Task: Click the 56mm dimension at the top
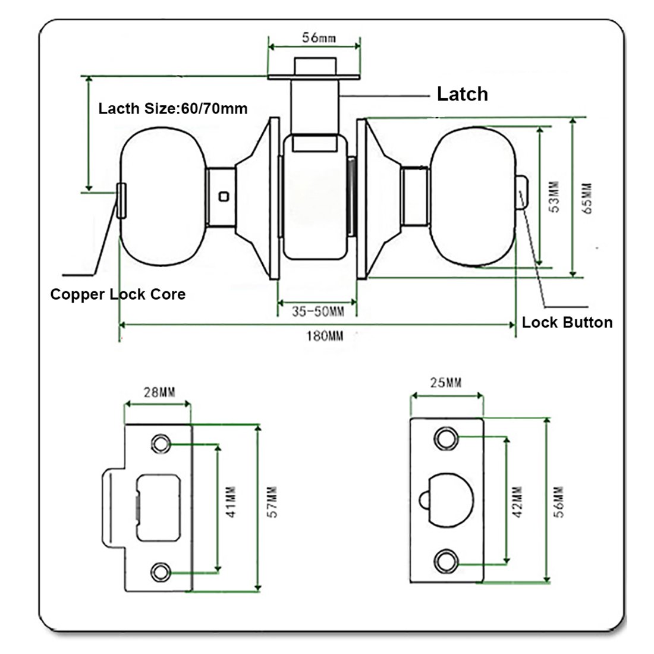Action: (x=319, y=37)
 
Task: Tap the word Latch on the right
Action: (x=462, y=94)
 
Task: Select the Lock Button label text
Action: (x=567, y=322)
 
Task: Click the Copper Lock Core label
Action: (x=118, y=294)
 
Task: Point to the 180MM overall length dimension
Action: (x=325, y=336)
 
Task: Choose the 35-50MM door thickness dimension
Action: (x=318, y=311)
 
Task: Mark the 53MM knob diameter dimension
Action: (x=555, y=197)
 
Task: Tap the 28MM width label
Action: (x=159, y=392)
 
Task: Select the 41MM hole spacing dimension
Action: (x=231, y=502)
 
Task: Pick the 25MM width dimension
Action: (x=446, y=382)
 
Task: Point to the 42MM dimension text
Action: (x=517, y=502)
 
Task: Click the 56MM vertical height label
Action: (x=558, y=502)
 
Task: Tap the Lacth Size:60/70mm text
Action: (x=172, y=108)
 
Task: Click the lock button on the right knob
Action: (x=523, y=194)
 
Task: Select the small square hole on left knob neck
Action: (x=224, y=196)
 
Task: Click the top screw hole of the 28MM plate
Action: (x=161, y=444)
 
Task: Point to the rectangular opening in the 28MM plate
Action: (x=159, y=508)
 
